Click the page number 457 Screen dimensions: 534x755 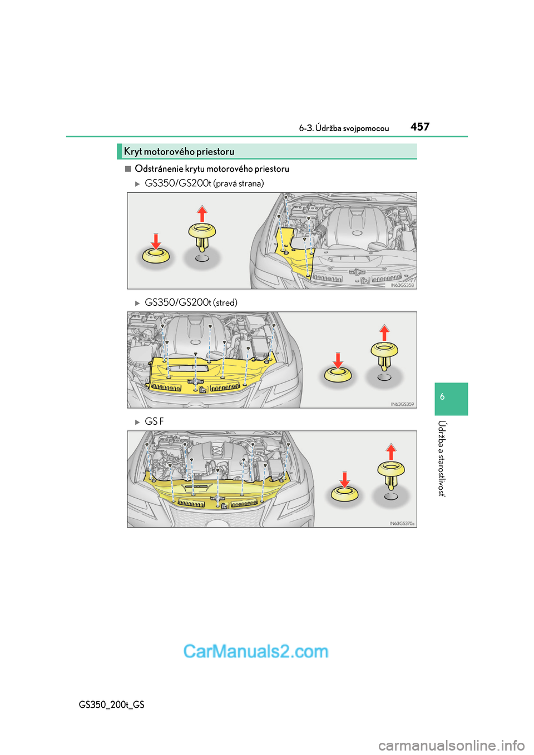(x=420, y=127)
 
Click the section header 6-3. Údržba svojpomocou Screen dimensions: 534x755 (x=344, y=128)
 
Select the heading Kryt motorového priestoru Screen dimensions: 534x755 (x=179, y=152)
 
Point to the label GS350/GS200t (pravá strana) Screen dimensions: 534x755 (x=204, y=183)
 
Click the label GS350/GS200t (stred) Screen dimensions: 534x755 (x=191, y=302)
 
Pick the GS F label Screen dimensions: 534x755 (x=154, y=421)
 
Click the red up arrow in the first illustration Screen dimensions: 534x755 (x=202, y=214)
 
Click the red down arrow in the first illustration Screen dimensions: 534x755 (x=156, y=241)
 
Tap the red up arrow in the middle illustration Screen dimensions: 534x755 (x=384, y=333)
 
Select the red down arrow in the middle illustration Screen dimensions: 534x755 (x=338, y=361)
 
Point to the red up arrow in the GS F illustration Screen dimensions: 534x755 (x=390, y=452)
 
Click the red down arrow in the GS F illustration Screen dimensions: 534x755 (x=344, y=480)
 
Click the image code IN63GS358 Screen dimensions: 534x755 (x=402, y=285)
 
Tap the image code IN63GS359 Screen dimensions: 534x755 (x=402, y=404)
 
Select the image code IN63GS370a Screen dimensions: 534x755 (x=402, y=524)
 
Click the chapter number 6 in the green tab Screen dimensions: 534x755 (x=442, y=397)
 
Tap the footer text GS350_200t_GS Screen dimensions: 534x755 (x=111, y=704)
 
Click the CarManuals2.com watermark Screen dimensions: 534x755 (x=255, y=652)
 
